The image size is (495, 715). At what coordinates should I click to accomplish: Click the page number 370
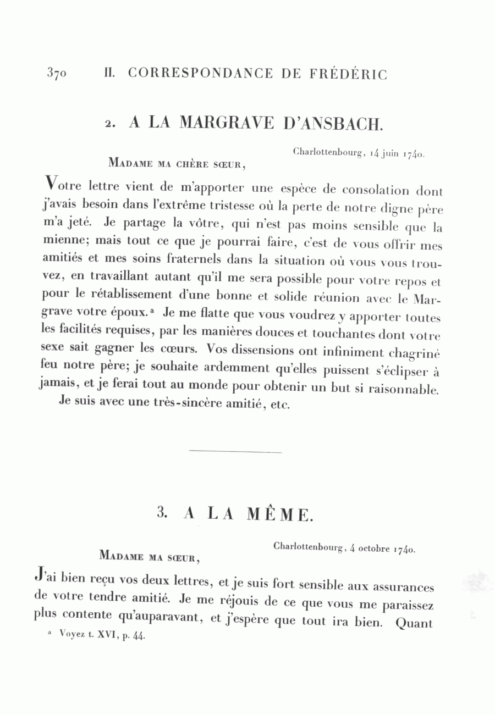[57, 74]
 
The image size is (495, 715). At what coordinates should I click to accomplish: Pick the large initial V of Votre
[51, 182]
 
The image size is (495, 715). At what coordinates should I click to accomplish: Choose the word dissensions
[254, 351]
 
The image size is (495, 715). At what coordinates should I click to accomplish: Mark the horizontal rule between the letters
[235, 452]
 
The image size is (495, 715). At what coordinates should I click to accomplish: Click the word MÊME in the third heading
[280, 514]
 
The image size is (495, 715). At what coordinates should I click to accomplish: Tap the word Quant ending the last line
[414, 623]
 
